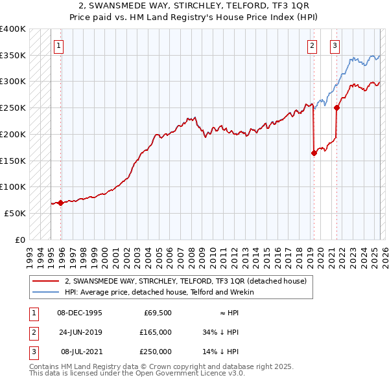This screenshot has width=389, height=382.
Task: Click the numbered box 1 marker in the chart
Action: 59,45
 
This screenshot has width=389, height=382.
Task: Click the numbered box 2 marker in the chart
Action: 312,45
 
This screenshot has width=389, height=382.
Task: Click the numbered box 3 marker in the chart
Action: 335,45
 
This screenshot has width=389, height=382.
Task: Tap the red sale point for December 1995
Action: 61,203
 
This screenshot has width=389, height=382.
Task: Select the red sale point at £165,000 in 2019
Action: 314,153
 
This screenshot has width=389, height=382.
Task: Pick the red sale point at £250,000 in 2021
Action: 336,108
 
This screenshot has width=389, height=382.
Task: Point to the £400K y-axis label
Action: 13,29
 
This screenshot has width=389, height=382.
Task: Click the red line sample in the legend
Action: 47,281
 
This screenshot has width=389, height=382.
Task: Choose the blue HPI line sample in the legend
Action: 47,292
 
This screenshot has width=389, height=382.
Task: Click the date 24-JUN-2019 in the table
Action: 80,332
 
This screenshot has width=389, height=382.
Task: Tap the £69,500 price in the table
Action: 157,313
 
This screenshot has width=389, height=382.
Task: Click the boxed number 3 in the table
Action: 32,352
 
